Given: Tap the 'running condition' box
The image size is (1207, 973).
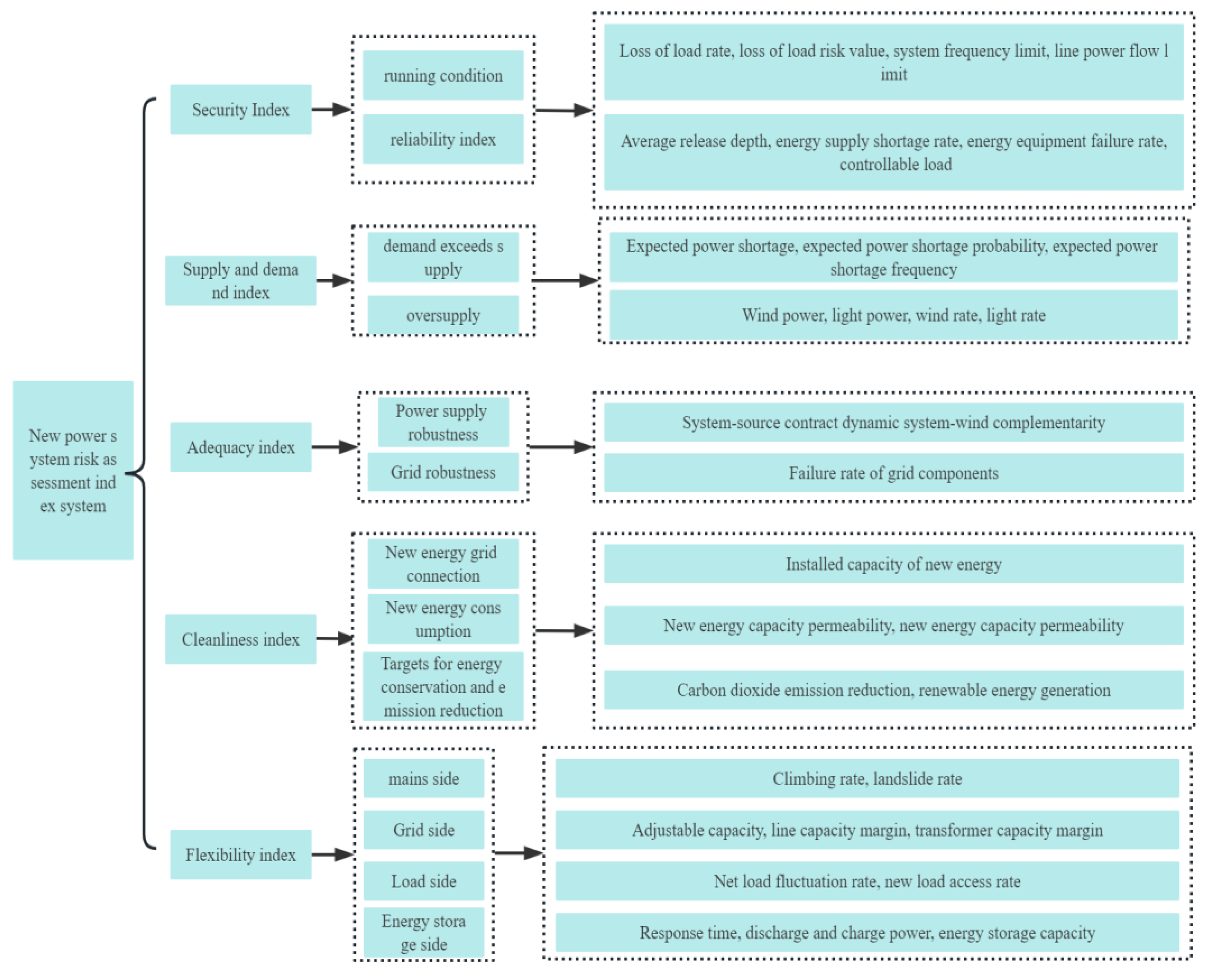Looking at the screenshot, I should pyautogui.click(x=443, y=75).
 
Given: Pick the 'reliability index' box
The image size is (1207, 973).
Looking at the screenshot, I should pyautogui.click(x=443, y=139).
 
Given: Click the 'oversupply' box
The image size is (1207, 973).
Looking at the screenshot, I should pyautogui.click(x=443, y=315).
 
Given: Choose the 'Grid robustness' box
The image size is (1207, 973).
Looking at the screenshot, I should pyautogui.click(x=443, y=472).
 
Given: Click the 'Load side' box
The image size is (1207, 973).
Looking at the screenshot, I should pyautogui.click(x=424, y=881).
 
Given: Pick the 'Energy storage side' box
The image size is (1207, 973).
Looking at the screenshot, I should pyautogui.click(x=424, y=932).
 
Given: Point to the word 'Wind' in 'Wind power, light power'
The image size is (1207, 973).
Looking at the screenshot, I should pyautogui.click(x=755, y=315).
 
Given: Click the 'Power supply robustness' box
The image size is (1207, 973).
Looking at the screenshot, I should pyautogui.click(x=443, y=422).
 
